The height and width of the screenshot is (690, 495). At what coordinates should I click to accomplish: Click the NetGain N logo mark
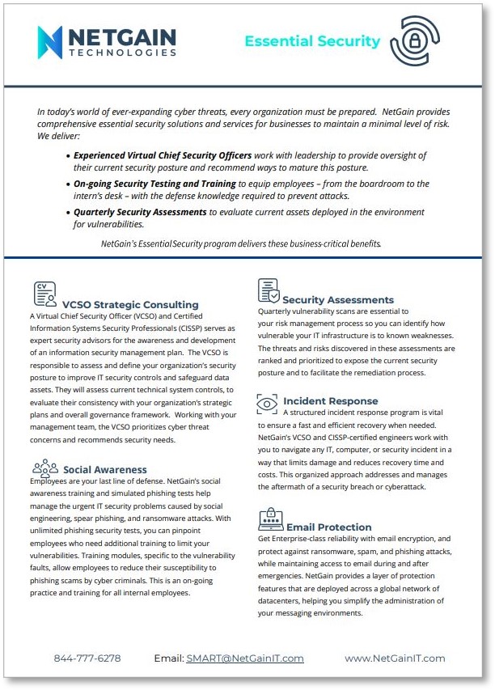49,42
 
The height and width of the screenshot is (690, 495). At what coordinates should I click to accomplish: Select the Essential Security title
312,41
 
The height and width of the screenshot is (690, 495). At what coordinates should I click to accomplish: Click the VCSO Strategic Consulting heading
130,305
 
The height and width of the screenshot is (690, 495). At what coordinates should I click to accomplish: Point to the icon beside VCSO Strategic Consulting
45,293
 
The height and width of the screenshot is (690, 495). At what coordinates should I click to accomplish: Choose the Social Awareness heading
105,469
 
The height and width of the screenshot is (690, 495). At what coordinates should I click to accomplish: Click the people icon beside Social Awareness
45,466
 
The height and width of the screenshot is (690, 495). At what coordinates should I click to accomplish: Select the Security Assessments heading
338,300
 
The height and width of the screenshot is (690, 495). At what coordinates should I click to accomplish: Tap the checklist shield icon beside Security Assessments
269,291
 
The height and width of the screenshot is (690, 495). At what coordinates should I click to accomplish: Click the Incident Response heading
330,401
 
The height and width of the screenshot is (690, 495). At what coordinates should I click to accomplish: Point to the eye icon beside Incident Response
267,402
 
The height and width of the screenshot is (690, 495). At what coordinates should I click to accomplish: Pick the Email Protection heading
328,527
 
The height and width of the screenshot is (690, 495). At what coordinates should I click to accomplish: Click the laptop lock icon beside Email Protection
269,518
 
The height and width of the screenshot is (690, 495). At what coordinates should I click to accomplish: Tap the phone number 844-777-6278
87,658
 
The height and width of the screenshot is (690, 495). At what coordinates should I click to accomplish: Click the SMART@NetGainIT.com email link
245,658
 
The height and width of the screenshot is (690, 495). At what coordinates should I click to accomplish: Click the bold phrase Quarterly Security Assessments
140,212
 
